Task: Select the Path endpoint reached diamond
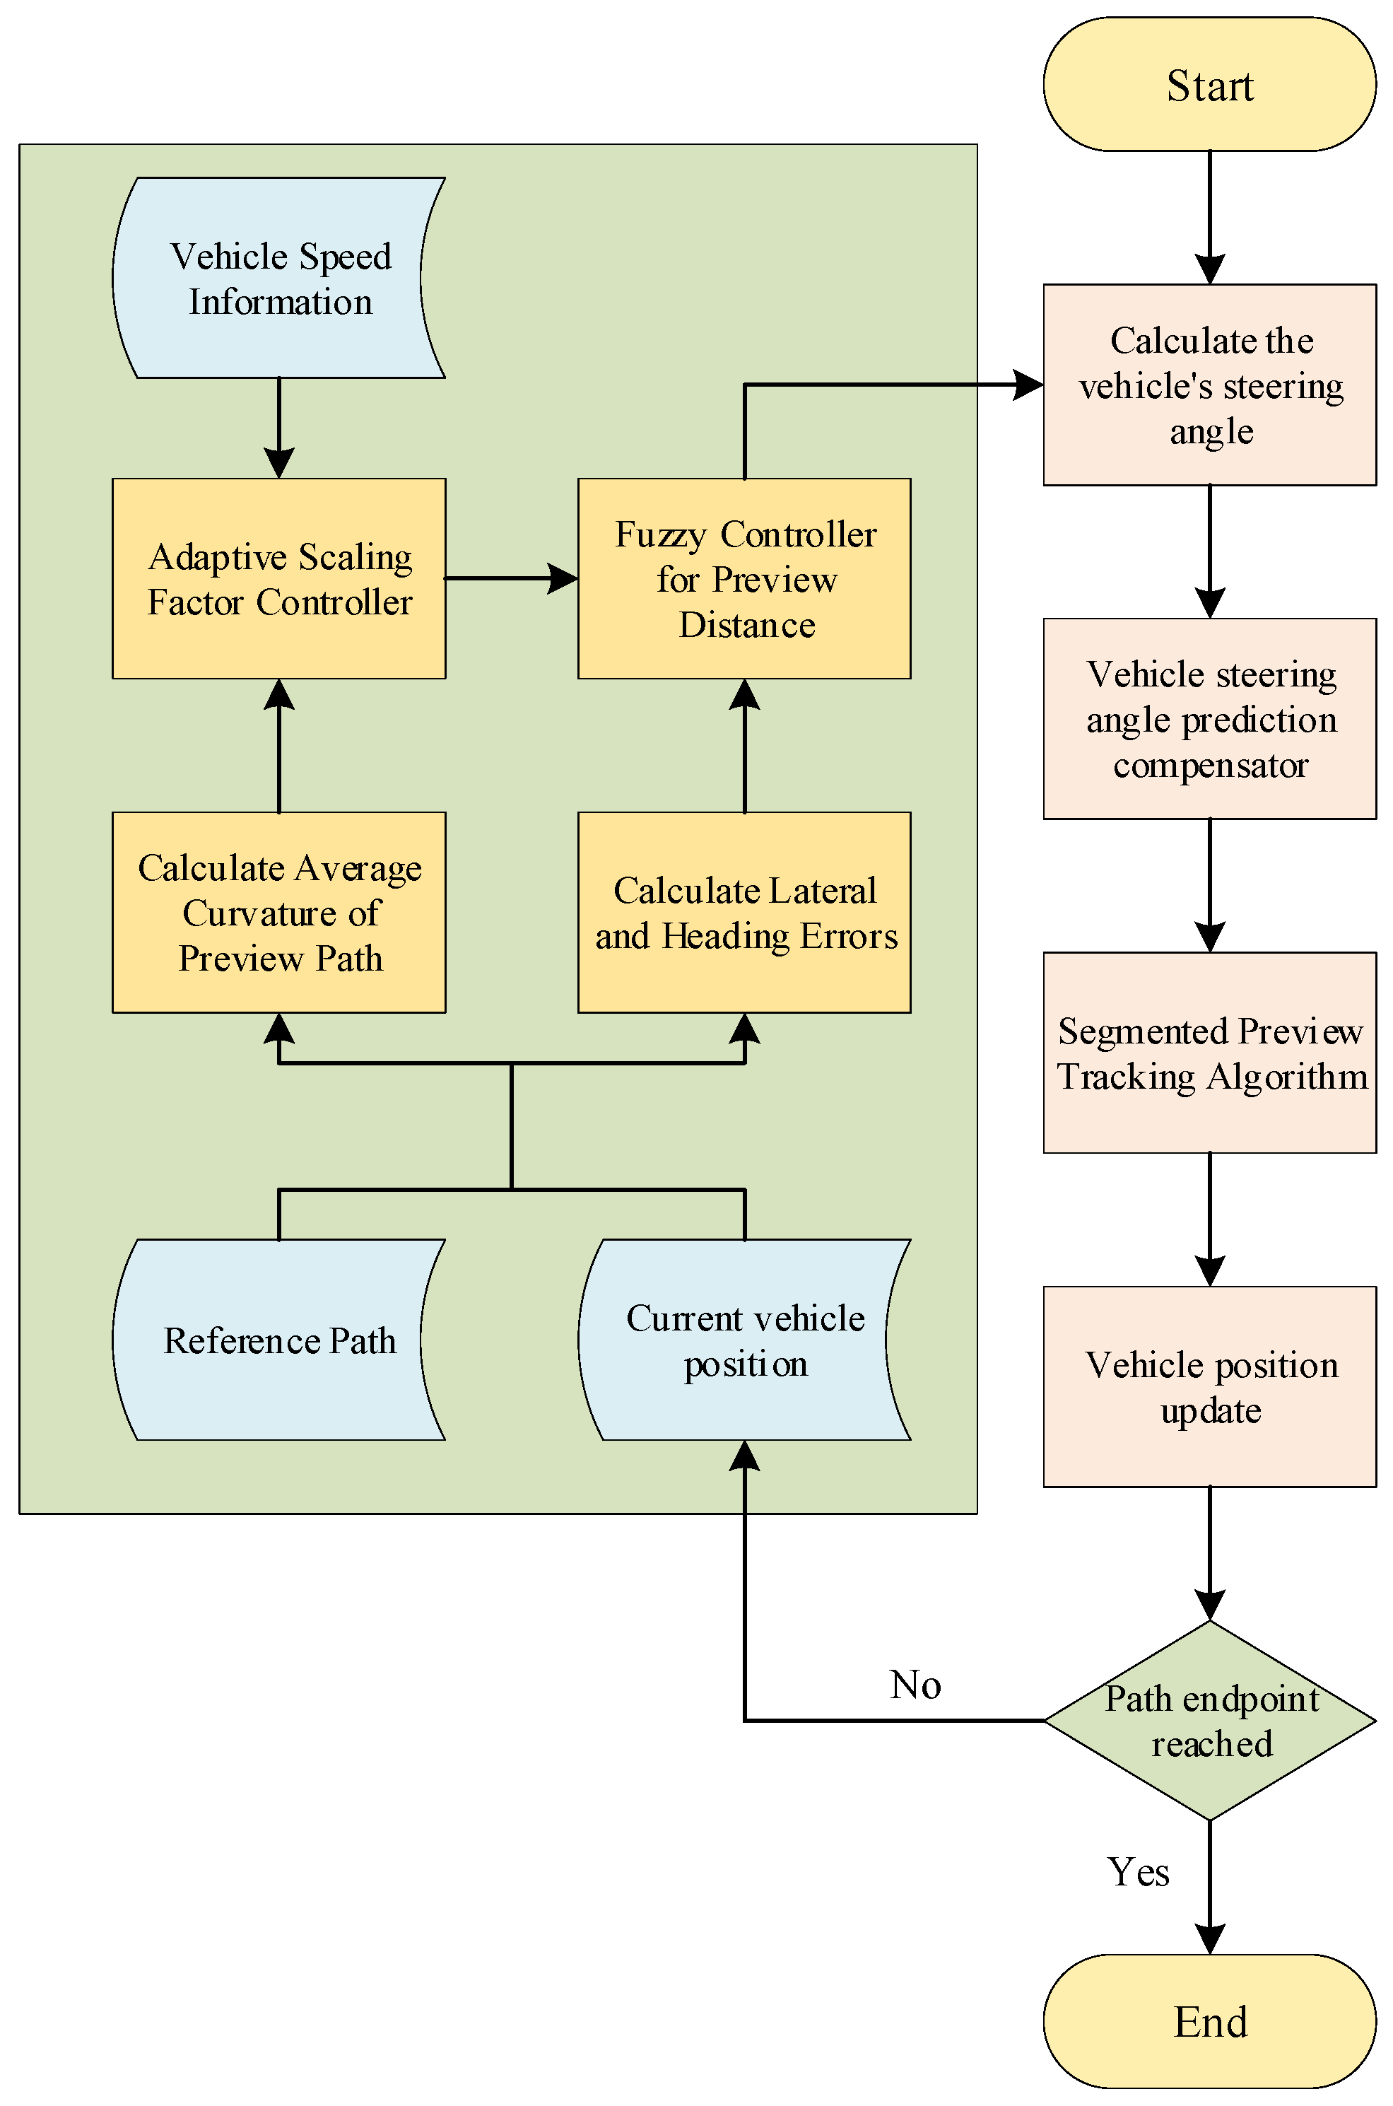point(1209,1720)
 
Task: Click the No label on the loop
point(915,1685)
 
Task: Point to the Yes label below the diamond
point(1137,1872)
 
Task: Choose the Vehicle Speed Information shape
point(279,278)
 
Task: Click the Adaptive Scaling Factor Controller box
point(279,578)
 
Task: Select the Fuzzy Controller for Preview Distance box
point(744,578)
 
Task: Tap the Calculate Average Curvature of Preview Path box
point(279,912)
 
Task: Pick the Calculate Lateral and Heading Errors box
point(744,912)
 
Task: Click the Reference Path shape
point(279,1340)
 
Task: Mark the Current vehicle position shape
point(744,1340)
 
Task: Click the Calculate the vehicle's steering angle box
point(1209,385)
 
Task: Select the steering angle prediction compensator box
point(1209,719)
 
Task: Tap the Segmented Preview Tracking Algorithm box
point(1209,1053)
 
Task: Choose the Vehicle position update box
point(1209,1387)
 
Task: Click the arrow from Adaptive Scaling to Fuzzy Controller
point(511,578)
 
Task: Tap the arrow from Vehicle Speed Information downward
point(279,426)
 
